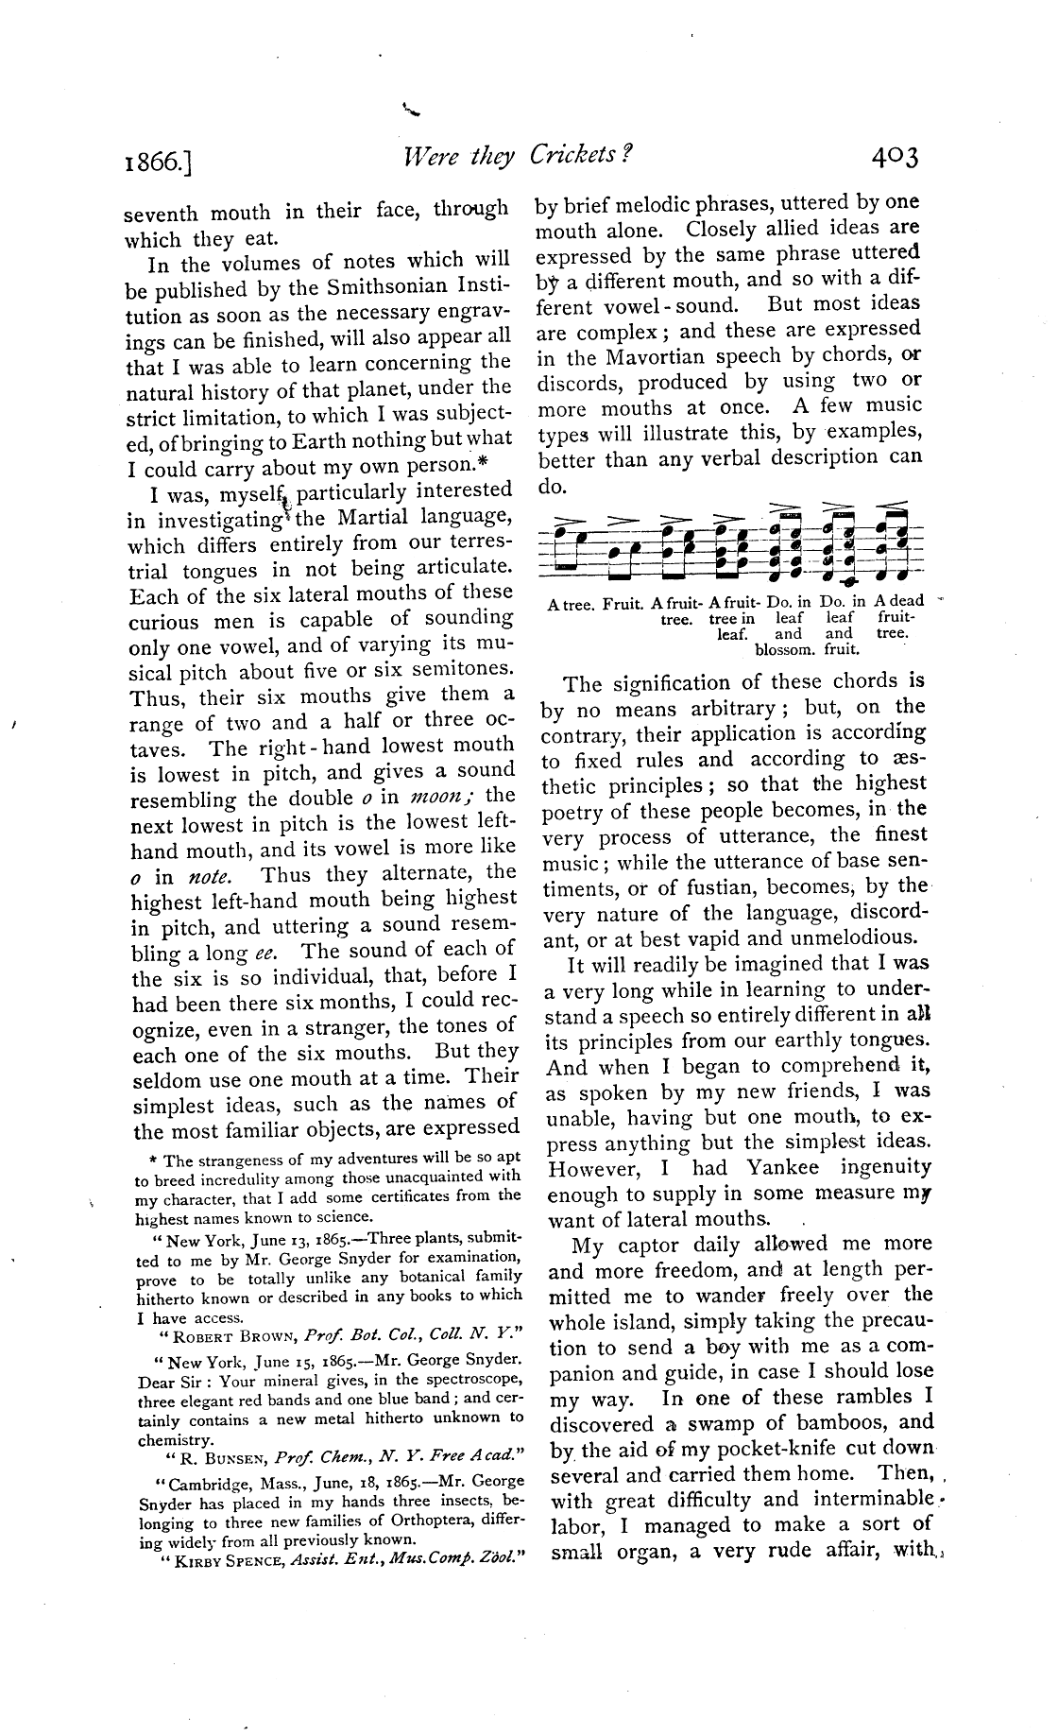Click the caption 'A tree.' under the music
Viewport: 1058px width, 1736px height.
coord(571,602)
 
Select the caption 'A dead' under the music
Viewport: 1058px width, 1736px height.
coord(898,601)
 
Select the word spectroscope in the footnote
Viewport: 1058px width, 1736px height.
coord(467,1381)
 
